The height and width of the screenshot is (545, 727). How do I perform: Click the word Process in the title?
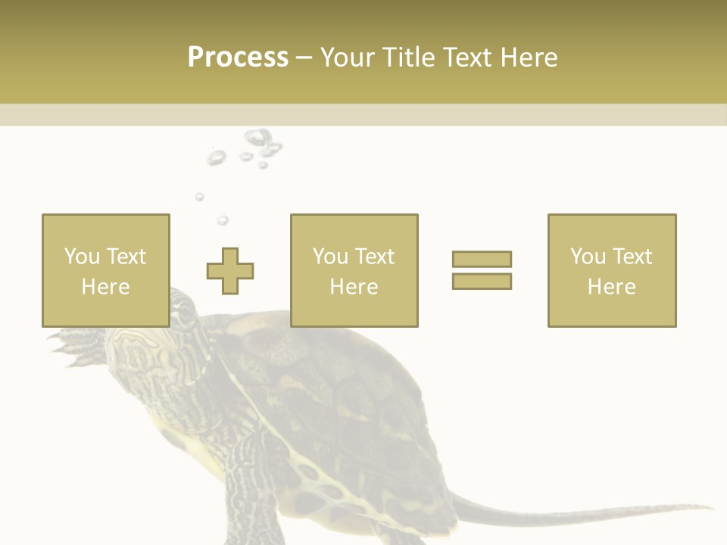(x=238, y=58)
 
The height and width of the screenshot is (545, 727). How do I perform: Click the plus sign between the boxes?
(x=230, y=270)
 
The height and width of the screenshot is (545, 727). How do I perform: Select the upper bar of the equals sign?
(x=482, y=259)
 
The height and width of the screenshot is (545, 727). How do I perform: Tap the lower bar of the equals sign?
(x=482, y=281)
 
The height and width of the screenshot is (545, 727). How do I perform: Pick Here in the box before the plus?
(x=105, y=287)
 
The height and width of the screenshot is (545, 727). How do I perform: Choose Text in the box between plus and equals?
(x=373, y=256)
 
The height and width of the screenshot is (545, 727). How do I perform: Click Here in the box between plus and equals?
(x=354, y=287)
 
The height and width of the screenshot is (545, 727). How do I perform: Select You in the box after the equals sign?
(x=588, y=256)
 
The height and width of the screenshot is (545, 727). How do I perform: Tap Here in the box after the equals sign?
(x=611, y=287)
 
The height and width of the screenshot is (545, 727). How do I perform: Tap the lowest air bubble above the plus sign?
(x=222, y=220)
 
